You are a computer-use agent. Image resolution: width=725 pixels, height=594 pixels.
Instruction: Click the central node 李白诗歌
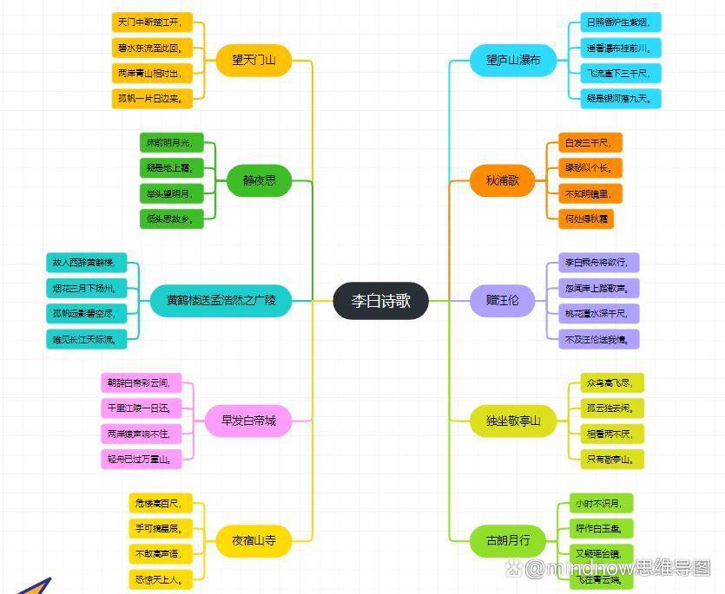click(x=380, y=302)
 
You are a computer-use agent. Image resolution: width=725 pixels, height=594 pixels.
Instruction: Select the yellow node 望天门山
click(x=254, y=60)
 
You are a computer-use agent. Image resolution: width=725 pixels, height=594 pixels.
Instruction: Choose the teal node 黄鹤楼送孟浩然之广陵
click(x=221, y=301)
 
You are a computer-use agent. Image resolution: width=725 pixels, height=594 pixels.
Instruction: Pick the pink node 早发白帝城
click(x=248, y=421)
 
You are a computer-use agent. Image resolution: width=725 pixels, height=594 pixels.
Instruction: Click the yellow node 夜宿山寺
click(x=253, y=540)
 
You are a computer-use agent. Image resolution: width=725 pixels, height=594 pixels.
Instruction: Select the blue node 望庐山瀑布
click(x=513, y=60)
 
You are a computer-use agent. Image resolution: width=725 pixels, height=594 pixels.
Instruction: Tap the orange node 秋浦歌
click(x=503, y=180)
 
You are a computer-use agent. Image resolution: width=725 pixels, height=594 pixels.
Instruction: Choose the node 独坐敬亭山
click(x=513, y=421)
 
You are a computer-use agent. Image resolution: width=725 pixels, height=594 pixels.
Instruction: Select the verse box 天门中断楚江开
click(x=149, y=22)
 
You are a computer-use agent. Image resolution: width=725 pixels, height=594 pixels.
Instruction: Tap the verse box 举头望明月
click(x=171, y=193)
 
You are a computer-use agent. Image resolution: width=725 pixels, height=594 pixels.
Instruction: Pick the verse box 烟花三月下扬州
click(x=86, y=287)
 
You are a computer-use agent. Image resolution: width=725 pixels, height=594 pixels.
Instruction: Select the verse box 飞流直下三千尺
click(x=621, y=73)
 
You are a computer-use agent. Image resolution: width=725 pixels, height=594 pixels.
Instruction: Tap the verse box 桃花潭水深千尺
click(x=598, y=313)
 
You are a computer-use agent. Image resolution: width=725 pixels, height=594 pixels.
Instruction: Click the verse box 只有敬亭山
click(x=612, y=458)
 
